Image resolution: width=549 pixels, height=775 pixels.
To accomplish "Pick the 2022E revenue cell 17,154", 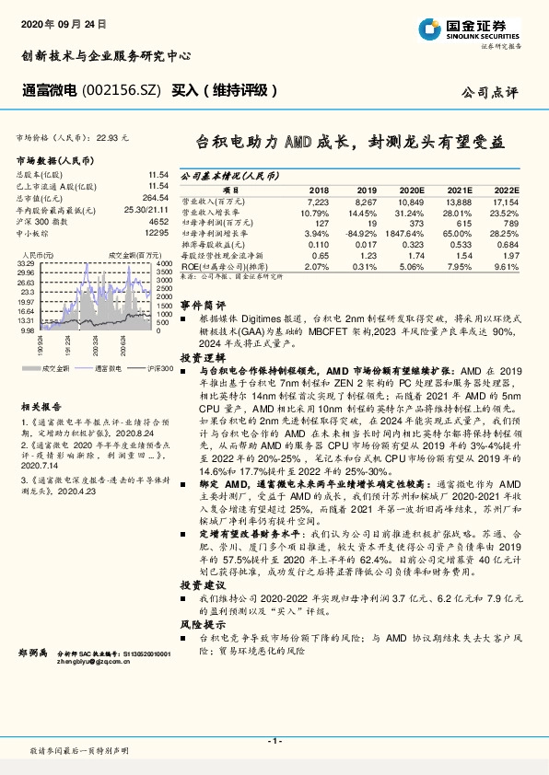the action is [506, 200].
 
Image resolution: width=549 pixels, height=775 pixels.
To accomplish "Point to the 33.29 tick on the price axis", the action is [26, 264].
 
